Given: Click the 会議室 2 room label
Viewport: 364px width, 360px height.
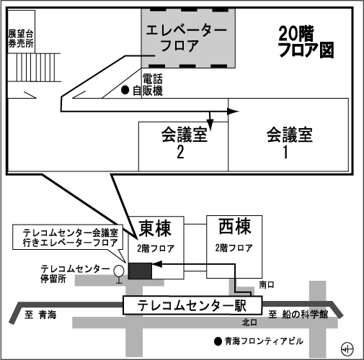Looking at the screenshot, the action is coord(185,143).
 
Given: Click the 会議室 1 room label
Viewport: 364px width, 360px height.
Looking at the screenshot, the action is coord(290,143).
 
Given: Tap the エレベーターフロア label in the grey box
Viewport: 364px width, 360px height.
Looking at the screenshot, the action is coord(186,38).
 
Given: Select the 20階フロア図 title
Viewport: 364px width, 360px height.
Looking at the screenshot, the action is coord(306,42).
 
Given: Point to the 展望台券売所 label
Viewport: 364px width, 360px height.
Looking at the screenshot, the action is coord(21,38).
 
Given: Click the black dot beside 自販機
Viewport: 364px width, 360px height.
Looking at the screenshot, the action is coord(125,90).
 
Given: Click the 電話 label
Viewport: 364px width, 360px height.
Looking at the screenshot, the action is coord(152,78).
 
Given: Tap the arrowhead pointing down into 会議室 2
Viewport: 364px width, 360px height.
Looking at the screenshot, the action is coord(210,125).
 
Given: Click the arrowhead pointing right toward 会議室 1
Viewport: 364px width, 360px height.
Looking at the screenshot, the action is coord(233,112).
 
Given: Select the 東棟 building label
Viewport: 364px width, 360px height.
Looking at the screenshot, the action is coord(155,228).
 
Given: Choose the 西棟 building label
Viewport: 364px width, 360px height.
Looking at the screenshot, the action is coord(235,226).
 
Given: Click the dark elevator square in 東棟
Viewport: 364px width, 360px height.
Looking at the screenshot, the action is coord(140,271).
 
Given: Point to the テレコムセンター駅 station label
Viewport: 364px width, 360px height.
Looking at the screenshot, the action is coord(192,306).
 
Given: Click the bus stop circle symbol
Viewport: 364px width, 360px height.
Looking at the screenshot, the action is coord(119,271).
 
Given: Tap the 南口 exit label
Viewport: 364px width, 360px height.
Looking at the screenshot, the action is coord(267,285).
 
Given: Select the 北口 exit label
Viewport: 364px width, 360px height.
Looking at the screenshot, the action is coord(249,323).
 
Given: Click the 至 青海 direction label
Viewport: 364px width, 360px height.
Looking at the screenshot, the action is coord(40,315).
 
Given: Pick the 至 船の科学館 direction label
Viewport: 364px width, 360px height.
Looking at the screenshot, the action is coord(298,314).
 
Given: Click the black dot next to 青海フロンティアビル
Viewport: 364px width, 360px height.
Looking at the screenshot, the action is coord(218,341).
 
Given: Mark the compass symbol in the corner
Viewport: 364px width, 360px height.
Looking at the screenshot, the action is coord(347,348).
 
